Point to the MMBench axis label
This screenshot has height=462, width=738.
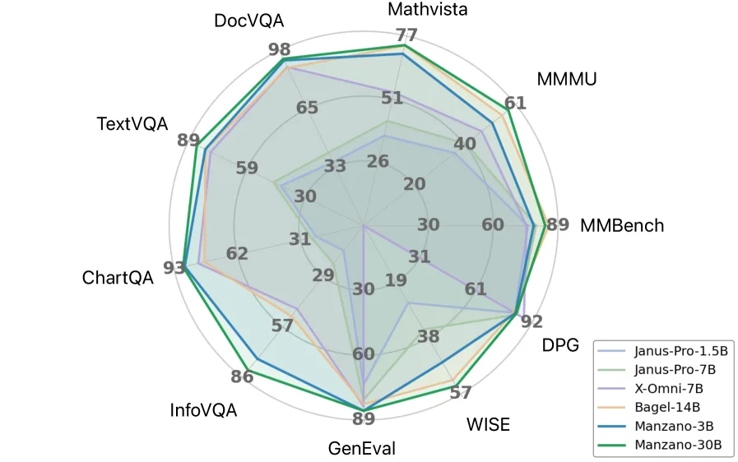coord(621,225)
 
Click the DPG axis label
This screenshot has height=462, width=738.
coord(560,344)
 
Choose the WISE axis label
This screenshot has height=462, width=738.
coord(488,425)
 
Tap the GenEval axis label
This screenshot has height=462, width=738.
coord(362,449)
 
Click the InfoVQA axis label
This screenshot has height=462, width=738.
coord(203,409)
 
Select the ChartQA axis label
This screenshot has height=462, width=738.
coord(118,277)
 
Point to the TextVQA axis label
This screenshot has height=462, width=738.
coord(132,124)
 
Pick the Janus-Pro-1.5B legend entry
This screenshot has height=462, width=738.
coord(677,350)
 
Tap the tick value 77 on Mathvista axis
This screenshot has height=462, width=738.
coord(406,35)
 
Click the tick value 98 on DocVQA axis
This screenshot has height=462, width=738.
coord(279,49)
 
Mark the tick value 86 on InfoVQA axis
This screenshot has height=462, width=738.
coord(242,377)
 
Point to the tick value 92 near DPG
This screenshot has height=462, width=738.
coord(531,321)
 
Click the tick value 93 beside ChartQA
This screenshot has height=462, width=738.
coord(174,268)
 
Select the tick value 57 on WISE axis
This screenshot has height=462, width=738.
coord(460,393)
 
